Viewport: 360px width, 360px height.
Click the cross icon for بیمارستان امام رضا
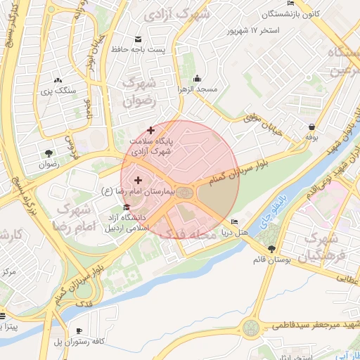point(137,181)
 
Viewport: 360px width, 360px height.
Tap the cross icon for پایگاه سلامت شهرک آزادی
point(150,129)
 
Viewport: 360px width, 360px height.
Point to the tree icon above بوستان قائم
point(272,249)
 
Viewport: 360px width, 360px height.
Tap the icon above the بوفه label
point(311,127)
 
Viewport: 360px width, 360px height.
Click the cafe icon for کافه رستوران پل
point(79,330)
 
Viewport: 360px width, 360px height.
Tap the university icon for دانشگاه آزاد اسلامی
point(127,207)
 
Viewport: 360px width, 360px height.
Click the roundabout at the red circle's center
point(184,192)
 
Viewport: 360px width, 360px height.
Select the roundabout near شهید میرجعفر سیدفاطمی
point(251,328)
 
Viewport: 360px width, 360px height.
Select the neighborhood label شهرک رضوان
point(139,92)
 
